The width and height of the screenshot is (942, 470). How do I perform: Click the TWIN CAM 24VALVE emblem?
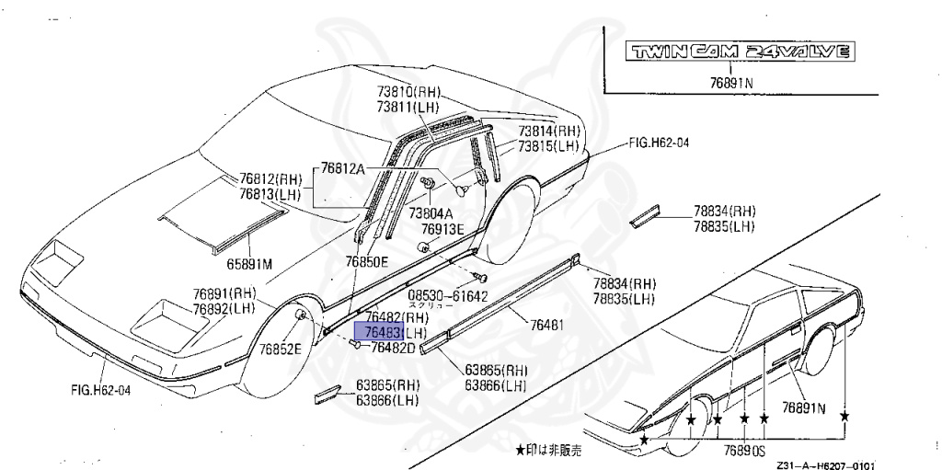tap(738, 52)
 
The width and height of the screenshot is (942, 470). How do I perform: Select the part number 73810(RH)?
tap(408, 93)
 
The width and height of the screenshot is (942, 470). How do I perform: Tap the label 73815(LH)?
tap(548, 146)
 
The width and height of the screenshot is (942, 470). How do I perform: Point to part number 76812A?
tap(343, 168)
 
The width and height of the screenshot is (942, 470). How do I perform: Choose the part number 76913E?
tap(443, 228)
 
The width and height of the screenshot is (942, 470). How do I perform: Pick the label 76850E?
tap(367, 262)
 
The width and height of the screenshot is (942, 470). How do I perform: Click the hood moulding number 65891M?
tap(250, 264)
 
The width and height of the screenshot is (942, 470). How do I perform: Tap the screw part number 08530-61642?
tap(447, 295)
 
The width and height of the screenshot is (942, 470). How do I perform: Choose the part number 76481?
tap(548, 324)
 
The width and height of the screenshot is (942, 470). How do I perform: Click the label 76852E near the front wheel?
tap(281, 350)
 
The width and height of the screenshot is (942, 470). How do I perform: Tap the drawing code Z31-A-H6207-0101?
tap(824, 464)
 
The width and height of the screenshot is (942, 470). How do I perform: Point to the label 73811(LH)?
tap(408, 108)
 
